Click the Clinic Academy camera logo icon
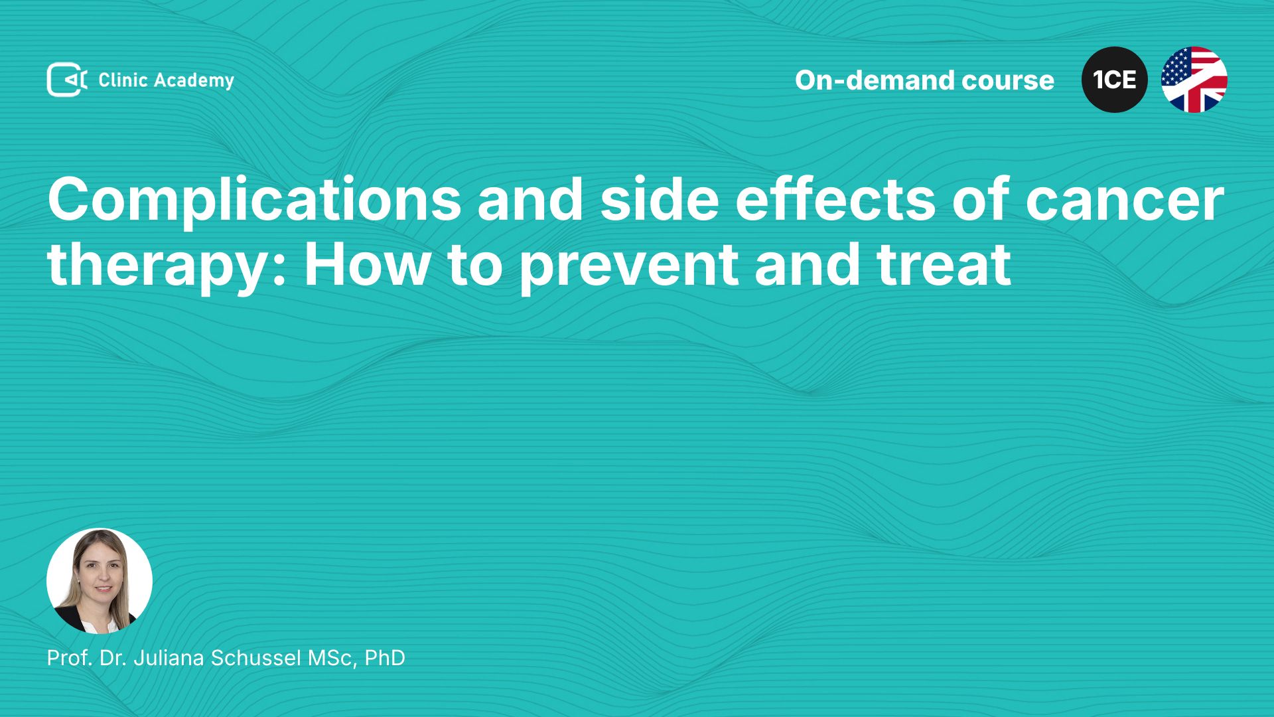66,80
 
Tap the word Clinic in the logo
123,80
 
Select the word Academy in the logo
194,81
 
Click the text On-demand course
924,80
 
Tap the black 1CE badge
1115,80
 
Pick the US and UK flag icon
1194,80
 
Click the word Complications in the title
254,200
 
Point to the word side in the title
660,199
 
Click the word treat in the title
944,266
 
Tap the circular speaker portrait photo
100,581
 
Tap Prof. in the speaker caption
70,658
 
